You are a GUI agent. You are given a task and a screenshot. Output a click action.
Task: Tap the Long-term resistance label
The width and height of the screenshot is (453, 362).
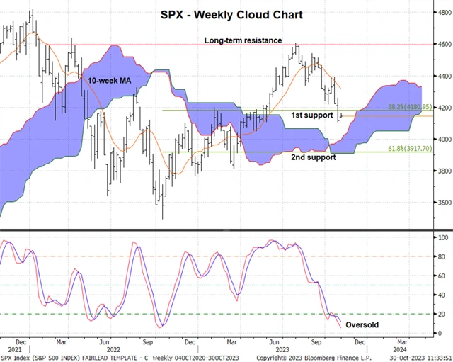tap(243, 40)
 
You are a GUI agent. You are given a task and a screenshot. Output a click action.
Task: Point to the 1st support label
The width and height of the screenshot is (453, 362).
tap(312, 115)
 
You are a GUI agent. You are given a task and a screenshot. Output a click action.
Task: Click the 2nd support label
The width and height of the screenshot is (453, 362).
tap(314, 157)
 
